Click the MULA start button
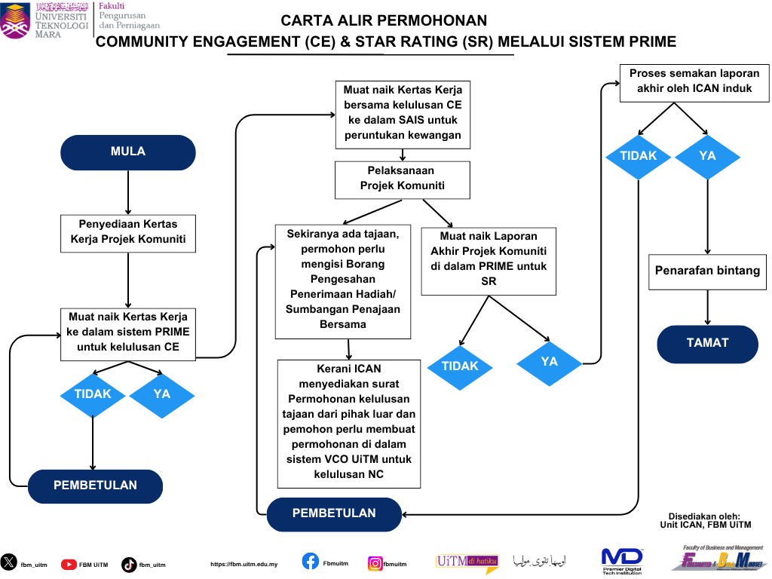tap(127, 152)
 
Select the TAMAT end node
tap(707, 343)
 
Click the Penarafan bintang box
tap(707, 271)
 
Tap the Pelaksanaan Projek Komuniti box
tap(402, 179)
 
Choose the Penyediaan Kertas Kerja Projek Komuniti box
tap(128, 233)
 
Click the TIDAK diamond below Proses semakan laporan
tap(639, 156)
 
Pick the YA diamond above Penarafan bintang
tap(707, 156)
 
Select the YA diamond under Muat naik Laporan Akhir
tap(549, 363)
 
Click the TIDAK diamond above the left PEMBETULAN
tap(93, 394)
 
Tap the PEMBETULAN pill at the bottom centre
tap(334, 513)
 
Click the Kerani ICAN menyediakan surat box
tap(348, 422)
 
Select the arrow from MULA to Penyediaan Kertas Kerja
tap(128, 192)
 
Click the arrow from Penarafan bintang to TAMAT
tap(707, 308)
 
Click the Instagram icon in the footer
tap(375, 563)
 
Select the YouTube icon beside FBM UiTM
tap(69, 564)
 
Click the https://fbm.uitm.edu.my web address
tap(244, 564)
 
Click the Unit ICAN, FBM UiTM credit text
tap(705, 525)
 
